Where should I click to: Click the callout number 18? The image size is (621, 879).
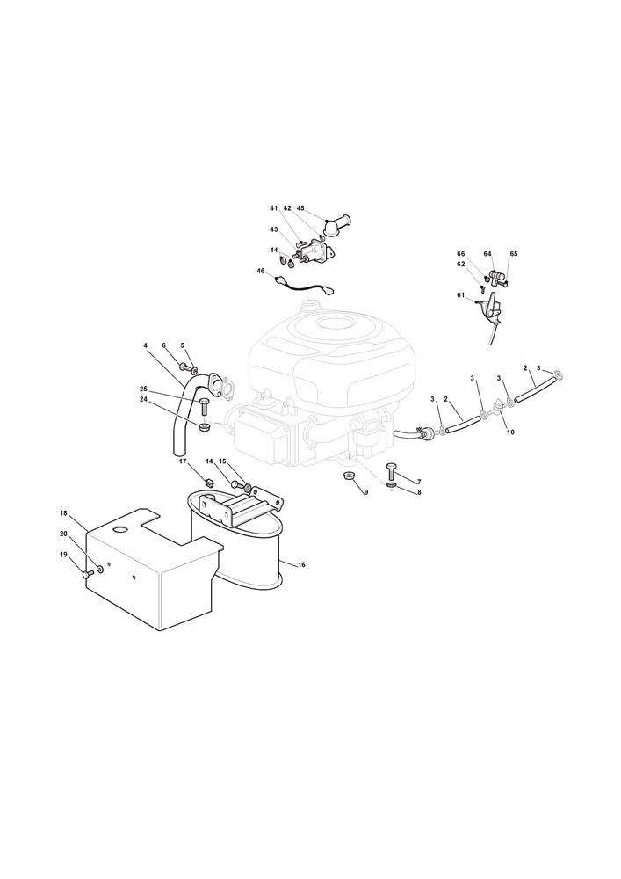click(x=63, y=513)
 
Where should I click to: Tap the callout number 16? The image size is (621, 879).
click(x=302, y=564)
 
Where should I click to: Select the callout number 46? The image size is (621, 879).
click(x=261, y=271)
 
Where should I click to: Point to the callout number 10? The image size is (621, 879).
click(x=510, y=432)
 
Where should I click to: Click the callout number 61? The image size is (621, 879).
click(x=460, y=294)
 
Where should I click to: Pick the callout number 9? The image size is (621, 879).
click(x=365, y=492)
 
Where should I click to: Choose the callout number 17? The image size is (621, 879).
click(x=183, y=461)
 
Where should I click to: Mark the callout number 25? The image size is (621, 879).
click(x=143, y=389)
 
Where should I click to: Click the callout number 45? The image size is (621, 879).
click(x=300, y=208)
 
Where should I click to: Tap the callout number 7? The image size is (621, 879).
click(x=419, y=482)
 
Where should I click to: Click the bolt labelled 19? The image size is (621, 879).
click(x=86, y=574)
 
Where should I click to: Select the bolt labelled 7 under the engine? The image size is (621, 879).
click(x=392, y=471)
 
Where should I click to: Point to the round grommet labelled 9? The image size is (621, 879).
click(x=349, y=477)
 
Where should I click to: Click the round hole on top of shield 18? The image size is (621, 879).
click(x=119, y=529)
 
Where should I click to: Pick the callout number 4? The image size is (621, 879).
click(x=145, y=345)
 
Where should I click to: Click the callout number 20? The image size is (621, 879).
click(x=63, y=534)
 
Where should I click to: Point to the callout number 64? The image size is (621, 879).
click(x=487, y=254)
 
